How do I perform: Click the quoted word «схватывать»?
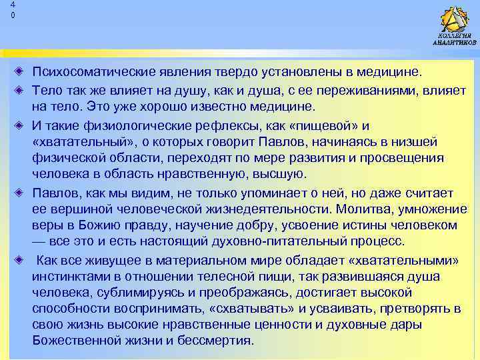(254, 309)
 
